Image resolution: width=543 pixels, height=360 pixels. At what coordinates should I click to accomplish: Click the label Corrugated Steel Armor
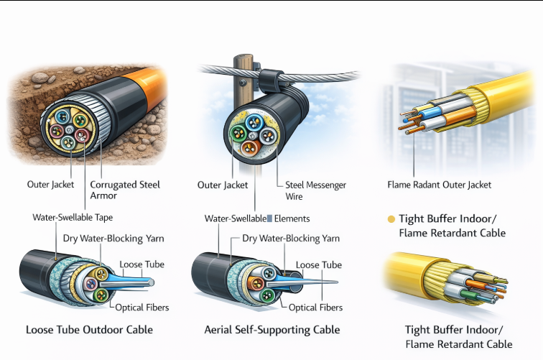125,190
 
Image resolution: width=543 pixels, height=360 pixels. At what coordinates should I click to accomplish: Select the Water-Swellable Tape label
73,217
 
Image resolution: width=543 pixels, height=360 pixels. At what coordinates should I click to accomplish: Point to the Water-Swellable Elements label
258,218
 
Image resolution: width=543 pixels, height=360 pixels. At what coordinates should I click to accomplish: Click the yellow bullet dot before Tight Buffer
391,219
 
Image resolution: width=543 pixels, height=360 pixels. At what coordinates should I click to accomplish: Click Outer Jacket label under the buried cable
51,185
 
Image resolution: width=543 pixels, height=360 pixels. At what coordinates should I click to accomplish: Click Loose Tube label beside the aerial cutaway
318,264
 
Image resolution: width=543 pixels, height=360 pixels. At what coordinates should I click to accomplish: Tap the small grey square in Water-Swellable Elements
269,218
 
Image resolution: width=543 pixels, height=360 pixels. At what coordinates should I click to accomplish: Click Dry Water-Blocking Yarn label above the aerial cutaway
291,239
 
